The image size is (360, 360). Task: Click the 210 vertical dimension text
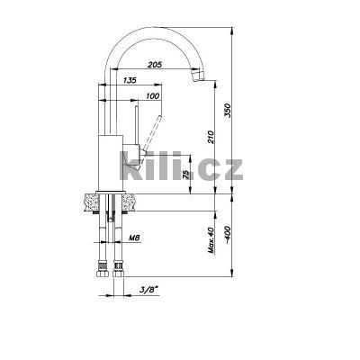(211, 139)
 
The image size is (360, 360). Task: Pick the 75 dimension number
(187, 175)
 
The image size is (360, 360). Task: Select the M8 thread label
(133, 238)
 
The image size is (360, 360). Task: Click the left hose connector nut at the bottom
(99, 267)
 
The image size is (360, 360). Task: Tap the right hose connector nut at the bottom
(120, 267)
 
